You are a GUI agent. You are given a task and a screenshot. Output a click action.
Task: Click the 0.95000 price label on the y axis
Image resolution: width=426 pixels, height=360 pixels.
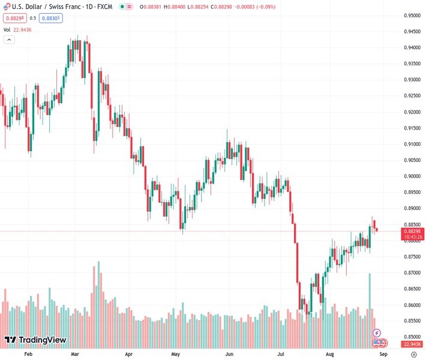(x=412, y=16)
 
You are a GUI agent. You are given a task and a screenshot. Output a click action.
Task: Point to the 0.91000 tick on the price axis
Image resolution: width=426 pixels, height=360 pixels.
(x=412, y=144)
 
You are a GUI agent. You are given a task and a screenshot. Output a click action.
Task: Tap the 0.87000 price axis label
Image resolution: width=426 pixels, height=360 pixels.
(x=412, y=272)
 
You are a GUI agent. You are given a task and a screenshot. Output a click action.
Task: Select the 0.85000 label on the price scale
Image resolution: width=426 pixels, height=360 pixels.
(x=412, y=337)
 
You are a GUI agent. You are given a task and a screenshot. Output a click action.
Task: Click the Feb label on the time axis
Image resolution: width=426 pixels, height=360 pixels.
(x=28, y=354)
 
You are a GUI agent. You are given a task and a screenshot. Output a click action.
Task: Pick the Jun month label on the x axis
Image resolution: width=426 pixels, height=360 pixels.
(x=229, y=354)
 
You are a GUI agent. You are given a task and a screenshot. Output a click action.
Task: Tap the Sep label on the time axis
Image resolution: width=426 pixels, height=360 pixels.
(x=384, y=354)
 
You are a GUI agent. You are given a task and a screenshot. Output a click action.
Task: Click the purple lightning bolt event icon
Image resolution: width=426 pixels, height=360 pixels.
(x=376, y=332)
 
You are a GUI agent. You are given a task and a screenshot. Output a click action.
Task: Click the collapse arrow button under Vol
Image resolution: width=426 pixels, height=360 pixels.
(x=9, y=40)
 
